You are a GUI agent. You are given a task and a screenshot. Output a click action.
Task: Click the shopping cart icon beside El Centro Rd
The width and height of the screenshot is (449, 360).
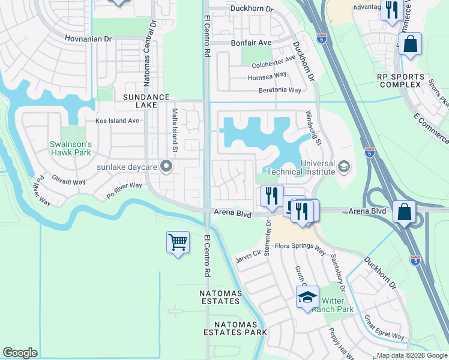178,242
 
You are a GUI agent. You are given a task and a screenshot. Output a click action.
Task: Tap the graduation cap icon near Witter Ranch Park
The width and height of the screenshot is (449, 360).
307,297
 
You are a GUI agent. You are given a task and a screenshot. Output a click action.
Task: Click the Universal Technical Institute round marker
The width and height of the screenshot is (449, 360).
344,166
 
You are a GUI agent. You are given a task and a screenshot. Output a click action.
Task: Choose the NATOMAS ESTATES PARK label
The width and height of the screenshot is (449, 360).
235,328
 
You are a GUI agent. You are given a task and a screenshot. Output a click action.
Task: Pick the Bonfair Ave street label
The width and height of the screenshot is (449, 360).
251,43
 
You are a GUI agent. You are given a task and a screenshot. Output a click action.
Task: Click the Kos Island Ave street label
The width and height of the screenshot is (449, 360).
117,121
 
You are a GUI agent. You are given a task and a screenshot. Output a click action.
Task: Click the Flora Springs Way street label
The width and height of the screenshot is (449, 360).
300,246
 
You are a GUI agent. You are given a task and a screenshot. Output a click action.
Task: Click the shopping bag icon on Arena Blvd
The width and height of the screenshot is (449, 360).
405,212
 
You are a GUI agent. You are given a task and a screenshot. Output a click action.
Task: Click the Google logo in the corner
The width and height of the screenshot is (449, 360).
20,353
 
